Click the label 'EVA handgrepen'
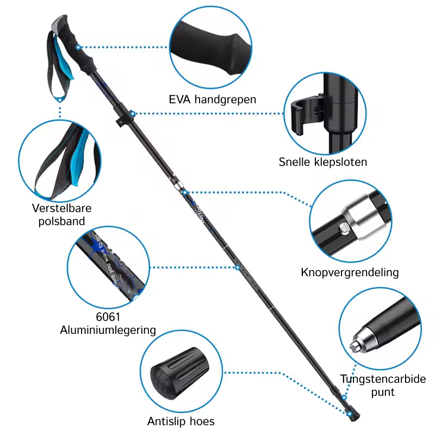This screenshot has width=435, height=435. (x=213, y=100)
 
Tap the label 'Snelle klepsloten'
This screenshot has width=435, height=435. (x=323, y=161)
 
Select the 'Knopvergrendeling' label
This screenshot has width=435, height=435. (x=350, y=272)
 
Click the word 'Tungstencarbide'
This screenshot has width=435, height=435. (x=383, y=380)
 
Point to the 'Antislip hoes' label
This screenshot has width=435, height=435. (x=181, y=421)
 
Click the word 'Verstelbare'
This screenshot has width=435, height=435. (x=61, y=208)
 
